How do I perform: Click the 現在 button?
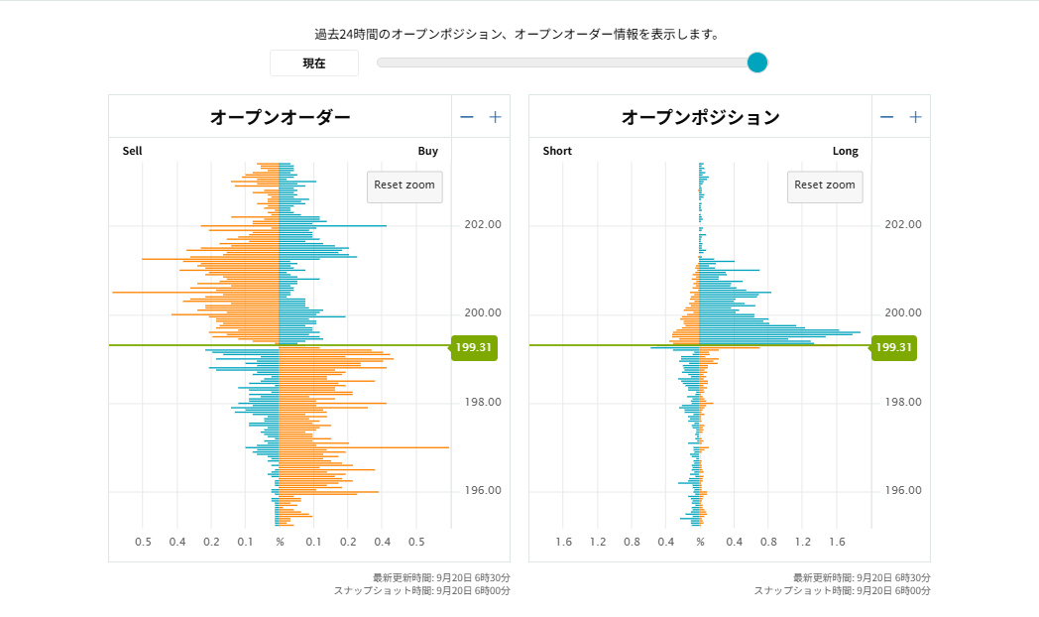pyautogui.click(x=314, y=63)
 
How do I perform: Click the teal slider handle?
pyautogui.click(x=757, y=62)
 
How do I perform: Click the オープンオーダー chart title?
pyautogui.click(x=280, y=117)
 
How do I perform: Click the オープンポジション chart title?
pyautogui.click(x=700, y=117)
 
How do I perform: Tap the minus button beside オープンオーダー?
pyautogui.click(x=467, y=117)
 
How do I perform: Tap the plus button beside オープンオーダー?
pyautogui.click(x=495, y=117)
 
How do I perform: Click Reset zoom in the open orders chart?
pyautogui.click(x=404, y=185)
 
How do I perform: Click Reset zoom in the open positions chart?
pyautogui.click(x=825, y=185)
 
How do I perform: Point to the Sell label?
pyautogui.click(x=133, y=152)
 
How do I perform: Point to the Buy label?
pyautogui.click(x=427, y=152)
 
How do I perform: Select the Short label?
pyautogui.click(x=557, y=152)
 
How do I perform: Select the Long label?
pyautogui.click(x=846, y=152)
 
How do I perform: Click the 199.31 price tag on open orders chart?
pyautogui.click(x=474, y=347)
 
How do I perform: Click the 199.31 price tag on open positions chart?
pyautogui.click(x=894, y=347)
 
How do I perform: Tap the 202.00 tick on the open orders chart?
pyautogui.click(x=483, y=224)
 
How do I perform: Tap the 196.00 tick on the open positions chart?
pyautogui.click(x=903, y=491)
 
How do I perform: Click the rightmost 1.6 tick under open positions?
pyautogui.click(x=836, y=542)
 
